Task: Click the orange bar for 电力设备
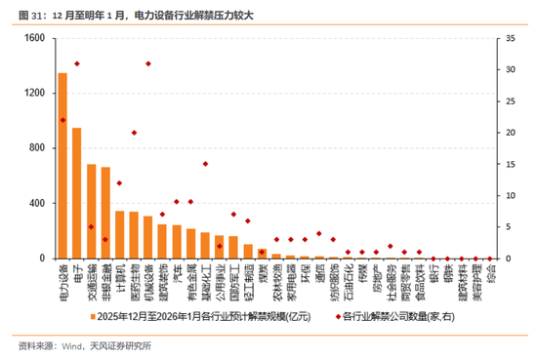[x=62, y=166]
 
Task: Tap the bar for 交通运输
[x=91, y=212]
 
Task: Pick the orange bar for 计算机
[x=120, y=235]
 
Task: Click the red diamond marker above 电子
[x=77, y=63]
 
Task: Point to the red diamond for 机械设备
[x=148, y=63]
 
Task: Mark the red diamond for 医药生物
[x=134, y=133]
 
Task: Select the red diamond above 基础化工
[x=205, y=164]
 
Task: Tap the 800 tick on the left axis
[x=37, y=148]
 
